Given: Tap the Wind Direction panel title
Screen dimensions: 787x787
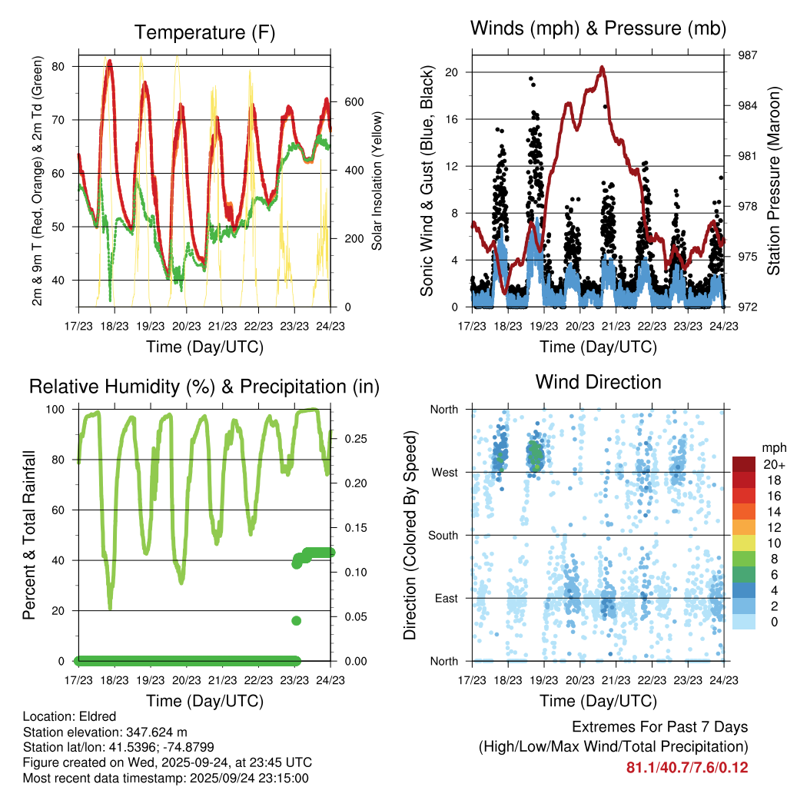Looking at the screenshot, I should (598, 382).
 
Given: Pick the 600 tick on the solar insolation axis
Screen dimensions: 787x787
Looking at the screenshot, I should (344, 102).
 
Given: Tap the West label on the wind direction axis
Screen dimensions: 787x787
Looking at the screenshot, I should (444, 472).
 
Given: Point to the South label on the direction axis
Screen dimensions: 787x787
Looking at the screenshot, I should (443, 535).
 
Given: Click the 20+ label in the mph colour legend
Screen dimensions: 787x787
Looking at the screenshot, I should (772, 464).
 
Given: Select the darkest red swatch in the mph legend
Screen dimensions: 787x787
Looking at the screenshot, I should (743, 464).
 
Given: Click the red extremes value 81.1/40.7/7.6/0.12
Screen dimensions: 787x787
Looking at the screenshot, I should (687, 768).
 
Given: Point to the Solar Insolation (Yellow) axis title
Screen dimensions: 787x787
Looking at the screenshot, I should (377, 182).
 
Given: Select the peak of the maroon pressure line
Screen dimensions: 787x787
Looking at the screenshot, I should (602, 67).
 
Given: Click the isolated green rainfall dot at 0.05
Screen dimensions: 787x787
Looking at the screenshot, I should (296, 621).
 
